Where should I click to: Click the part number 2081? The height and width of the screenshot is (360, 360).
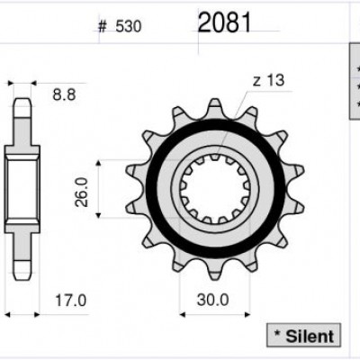point(224,22)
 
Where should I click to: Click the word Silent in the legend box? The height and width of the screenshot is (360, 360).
point(310,337)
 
